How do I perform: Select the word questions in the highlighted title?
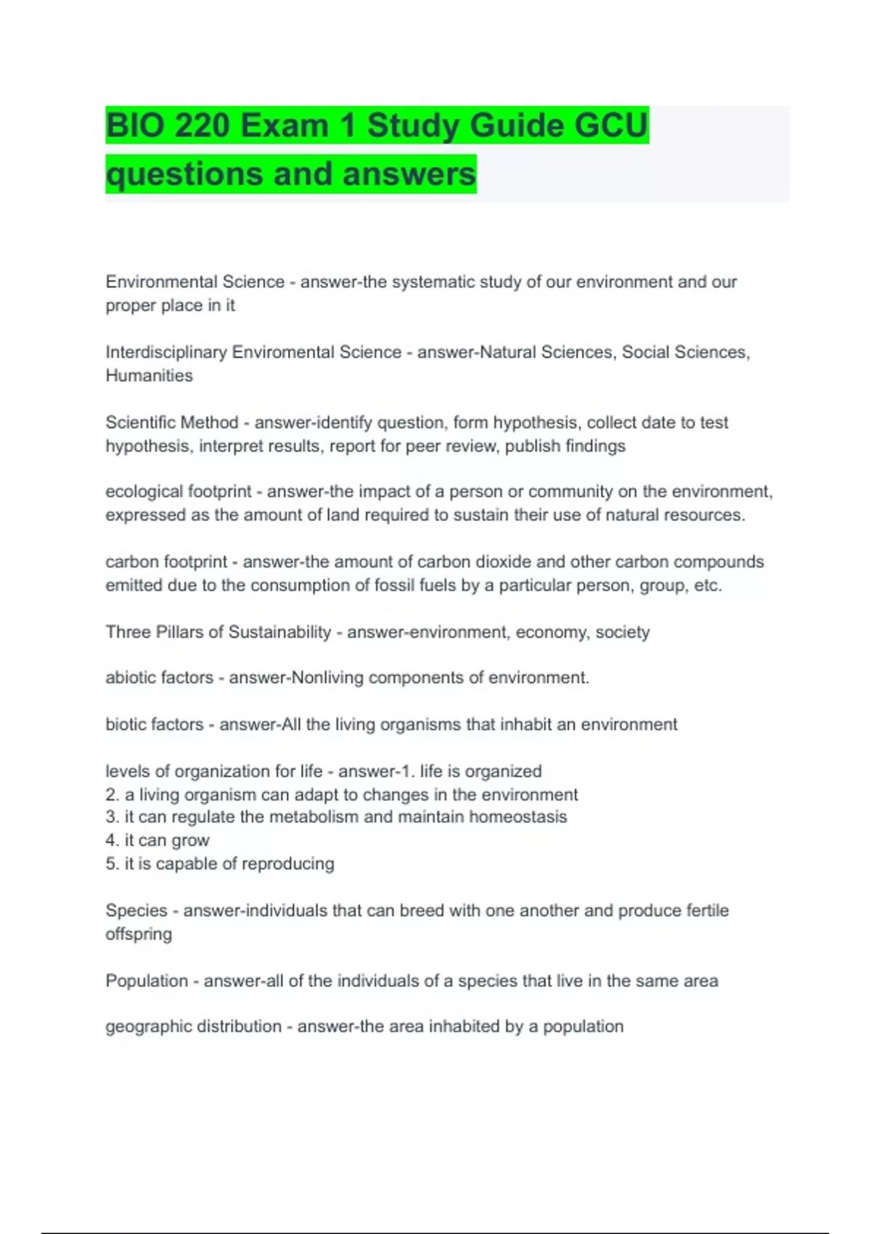pos(184,174)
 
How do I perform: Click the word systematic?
pos(433,282)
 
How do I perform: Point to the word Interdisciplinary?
pos(166,352)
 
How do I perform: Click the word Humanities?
pos(149,375)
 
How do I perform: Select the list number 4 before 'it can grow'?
pos(111,841)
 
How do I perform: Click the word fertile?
pos(702,910)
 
